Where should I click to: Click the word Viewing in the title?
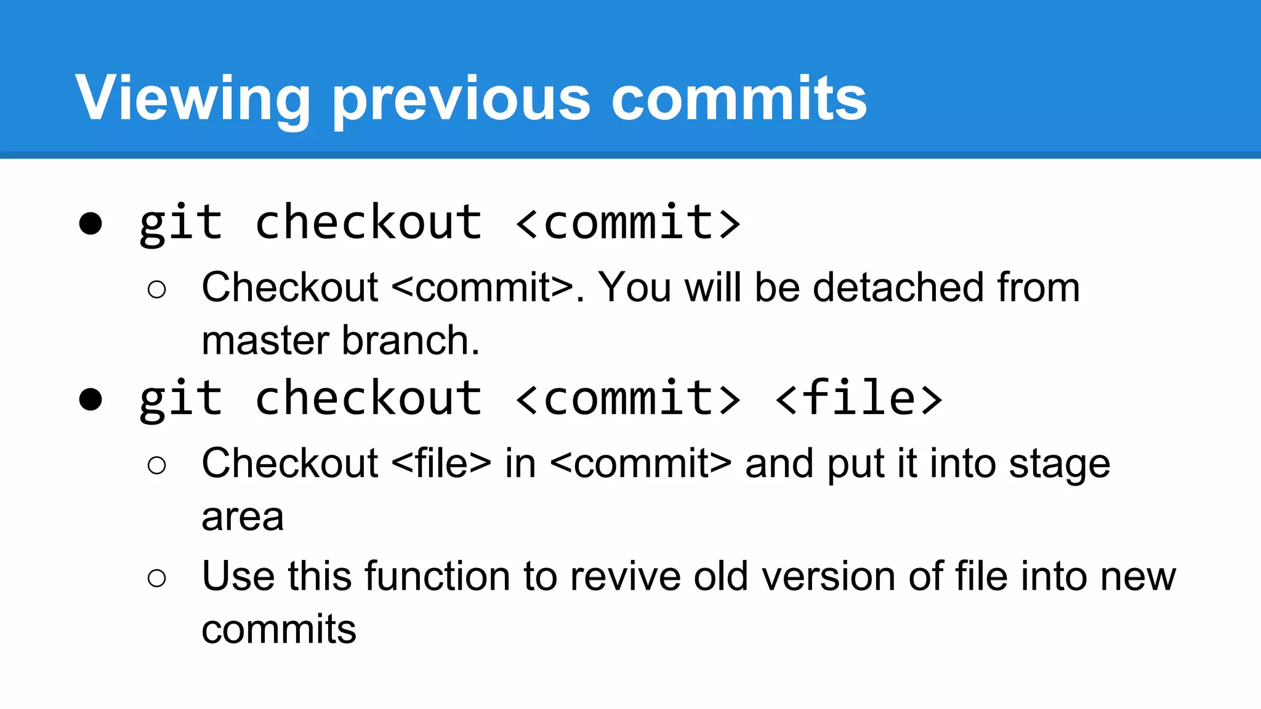click(x=193, y=98)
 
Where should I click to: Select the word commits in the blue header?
click(x=738, y=98)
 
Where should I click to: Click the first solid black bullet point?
click(x=91, y=223)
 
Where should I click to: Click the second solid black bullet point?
click(x=91, y=399)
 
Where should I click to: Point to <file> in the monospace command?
click(x=858, y=398)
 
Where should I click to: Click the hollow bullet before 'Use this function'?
click(x=157, y=578)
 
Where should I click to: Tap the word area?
click(x=243, y=517)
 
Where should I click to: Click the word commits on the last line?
click(x=279, y=630)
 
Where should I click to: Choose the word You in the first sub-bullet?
click(x=635, y=287)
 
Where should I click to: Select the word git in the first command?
click(x=180, y=223)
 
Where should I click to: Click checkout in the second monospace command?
click(x=368, y=398)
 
